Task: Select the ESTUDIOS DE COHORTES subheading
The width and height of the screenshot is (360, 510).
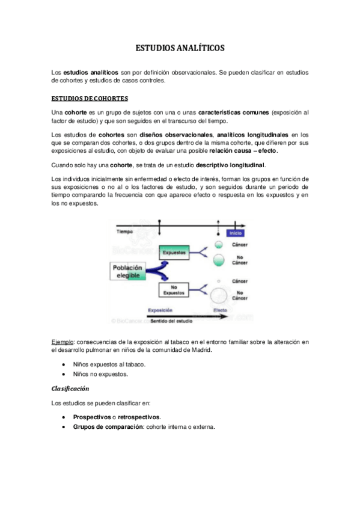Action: point(90,98)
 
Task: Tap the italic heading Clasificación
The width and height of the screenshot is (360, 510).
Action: point(70,389)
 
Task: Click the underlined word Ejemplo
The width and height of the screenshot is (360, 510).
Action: point(62,342)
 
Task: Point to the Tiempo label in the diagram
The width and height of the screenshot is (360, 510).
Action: point(125,231)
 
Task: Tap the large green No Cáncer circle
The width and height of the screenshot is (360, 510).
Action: point(220,260)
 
